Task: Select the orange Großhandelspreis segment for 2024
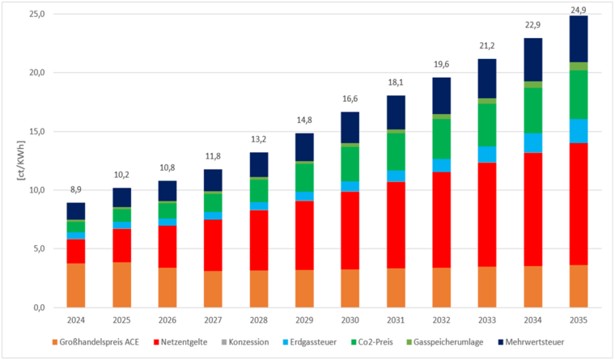point(76,285)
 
